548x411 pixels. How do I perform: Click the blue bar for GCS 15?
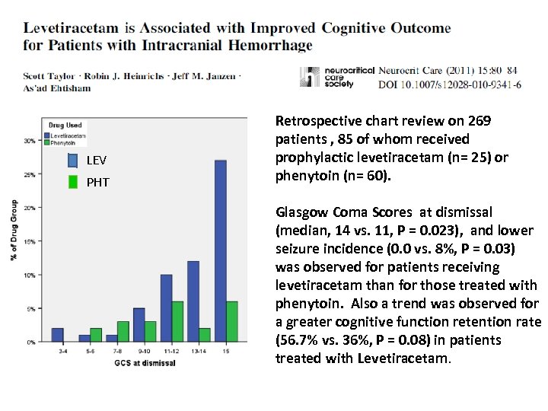[x=221, y=251]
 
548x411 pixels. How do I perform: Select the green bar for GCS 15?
[x=232, y=322]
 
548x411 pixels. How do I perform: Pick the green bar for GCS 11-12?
[x=177, y=322]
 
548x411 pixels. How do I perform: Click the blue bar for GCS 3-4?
[x=57, y=336]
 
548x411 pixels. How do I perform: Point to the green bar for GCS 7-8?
[x=123, y=332]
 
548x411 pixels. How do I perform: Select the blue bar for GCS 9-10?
[x=139, y=325]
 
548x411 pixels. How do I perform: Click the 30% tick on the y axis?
[x=29, y=141]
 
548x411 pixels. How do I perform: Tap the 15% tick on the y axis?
[x=29, y=241]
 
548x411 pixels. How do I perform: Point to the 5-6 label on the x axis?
[x=90, y=352]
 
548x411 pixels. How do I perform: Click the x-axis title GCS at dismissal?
[x=145, y=363]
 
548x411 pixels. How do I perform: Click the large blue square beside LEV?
[x=73, y=161]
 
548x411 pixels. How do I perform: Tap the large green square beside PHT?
[x=73, y=182]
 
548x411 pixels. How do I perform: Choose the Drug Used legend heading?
[x=65, y=125]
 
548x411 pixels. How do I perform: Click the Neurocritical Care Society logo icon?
[x=310, y=78]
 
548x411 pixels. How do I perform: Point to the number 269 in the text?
[x=479, y=121]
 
